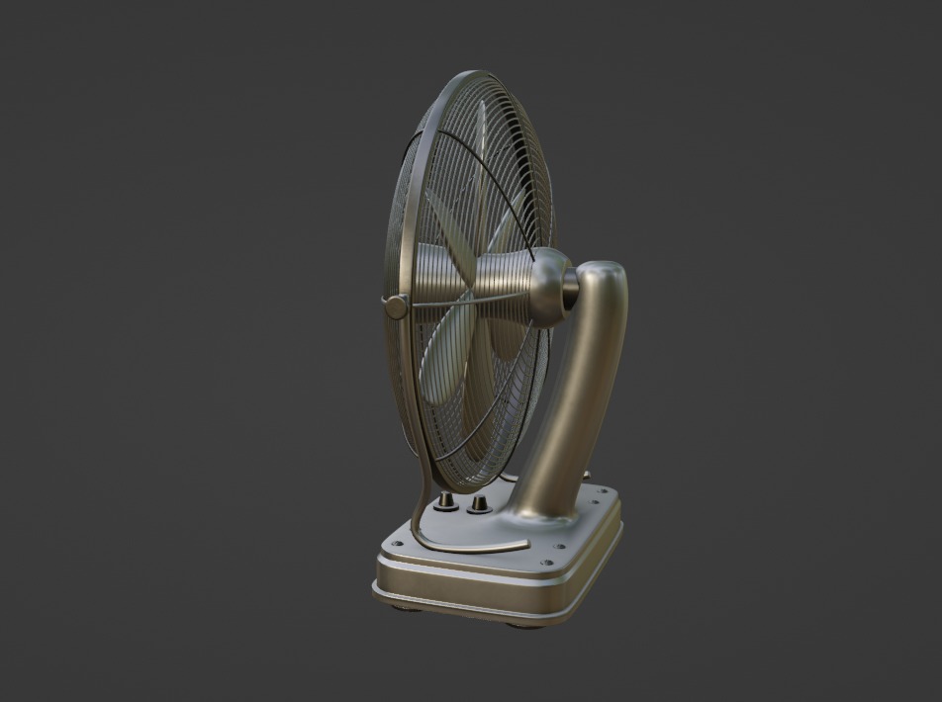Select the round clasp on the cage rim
pyautogui.click(x=396, y=307)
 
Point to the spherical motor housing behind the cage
pyautogui.click(x=547, y=287)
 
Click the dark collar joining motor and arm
pyautogui.click(x=571, y=287)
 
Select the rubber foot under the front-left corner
pyautogui.click(x=401, y=604)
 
